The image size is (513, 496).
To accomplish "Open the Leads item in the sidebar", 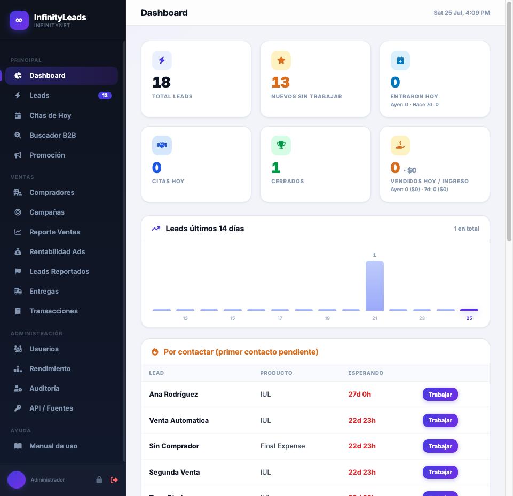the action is click(40, 96).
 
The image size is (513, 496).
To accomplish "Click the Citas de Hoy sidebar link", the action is click(50, 115).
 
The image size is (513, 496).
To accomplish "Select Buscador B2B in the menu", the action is click(52, 136).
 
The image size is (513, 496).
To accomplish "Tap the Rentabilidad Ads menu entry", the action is click(57, 252).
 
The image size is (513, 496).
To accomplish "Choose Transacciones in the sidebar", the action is click(53, 311).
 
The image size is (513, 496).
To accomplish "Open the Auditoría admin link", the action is click(44, 389).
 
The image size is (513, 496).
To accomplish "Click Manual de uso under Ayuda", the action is click(53, 446).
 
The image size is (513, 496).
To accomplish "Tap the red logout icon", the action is click(114, 480).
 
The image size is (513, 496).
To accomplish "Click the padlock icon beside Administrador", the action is click(99, 480).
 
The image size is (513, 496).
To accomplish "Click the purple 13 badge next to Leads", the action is click(105, 96).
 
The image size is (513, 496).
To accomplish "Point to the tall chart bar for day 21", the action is click(375, 286).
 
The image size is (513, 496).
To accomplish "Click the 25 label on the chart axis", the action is click(469, 318).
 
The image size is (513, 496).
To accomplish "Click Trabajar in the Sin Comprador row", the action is click(440, 446).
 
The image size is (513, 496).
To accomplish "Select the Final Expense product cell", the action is click(282, 446).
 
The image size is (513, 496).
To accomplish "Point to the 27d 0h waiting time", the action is click(360, 395).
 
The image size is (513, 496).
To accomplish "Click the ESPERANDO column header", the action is click(366, 373).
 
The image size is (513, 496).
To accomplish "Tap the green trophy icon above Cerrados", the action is click(281, 145).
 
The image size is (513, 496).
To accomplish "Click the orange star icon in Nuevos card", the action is click(281, 60).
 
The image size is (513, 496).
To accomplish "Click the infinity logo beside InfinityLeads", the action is click(19, 20).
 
